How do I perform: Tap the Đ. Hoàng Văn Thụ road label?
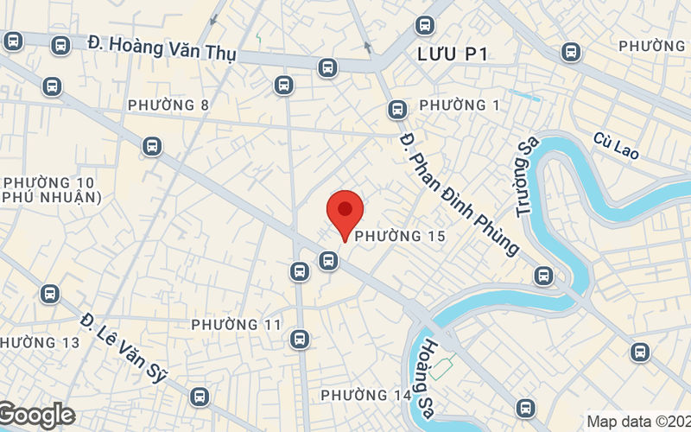tap(162, 48)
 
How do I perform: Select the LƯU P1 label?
tap(453, 54)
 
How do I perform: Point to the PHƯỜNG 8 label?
tap(168, 105)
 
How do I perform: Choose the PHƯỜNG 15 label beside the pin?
tap(400, 236)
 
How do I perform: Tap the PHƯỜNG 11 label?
tap(237, 325)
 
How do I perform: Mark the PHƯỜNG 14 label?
tap(366, 396)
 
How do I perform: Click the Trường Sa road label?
tap(526, 179)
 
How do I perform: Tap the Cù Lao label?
tap(616, 145)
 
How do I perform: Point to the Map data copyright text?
tap(637, 422)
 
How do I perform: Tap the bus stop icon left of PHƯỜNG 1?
tap(397, 110)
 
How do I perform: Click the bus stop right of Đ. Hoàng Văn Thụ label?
tap(327, 67)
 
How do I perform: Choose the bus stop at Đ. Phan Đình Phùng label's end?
tap(543, 276)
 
